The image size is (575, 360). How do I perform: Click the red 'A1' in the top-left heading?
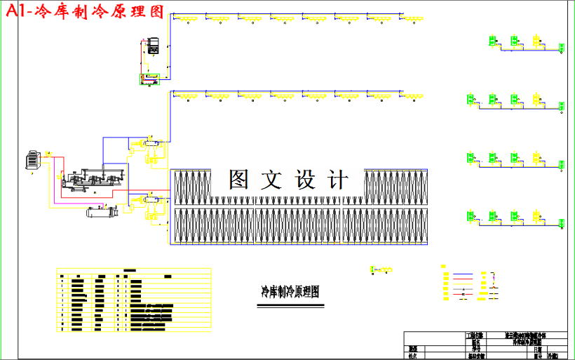[15, 11]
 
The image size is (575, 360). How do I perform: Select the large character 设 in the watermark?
[309, 180]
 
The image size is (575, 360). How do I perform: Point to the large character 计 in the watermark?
[338, 180]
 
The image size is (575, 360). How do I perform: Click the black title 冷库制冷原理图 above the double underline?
[290, 291]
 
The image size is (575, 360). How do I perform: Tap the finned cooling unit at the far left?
[32, 160]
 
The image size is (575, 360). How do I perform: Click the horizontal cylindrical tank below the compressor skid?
[101, 211]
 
